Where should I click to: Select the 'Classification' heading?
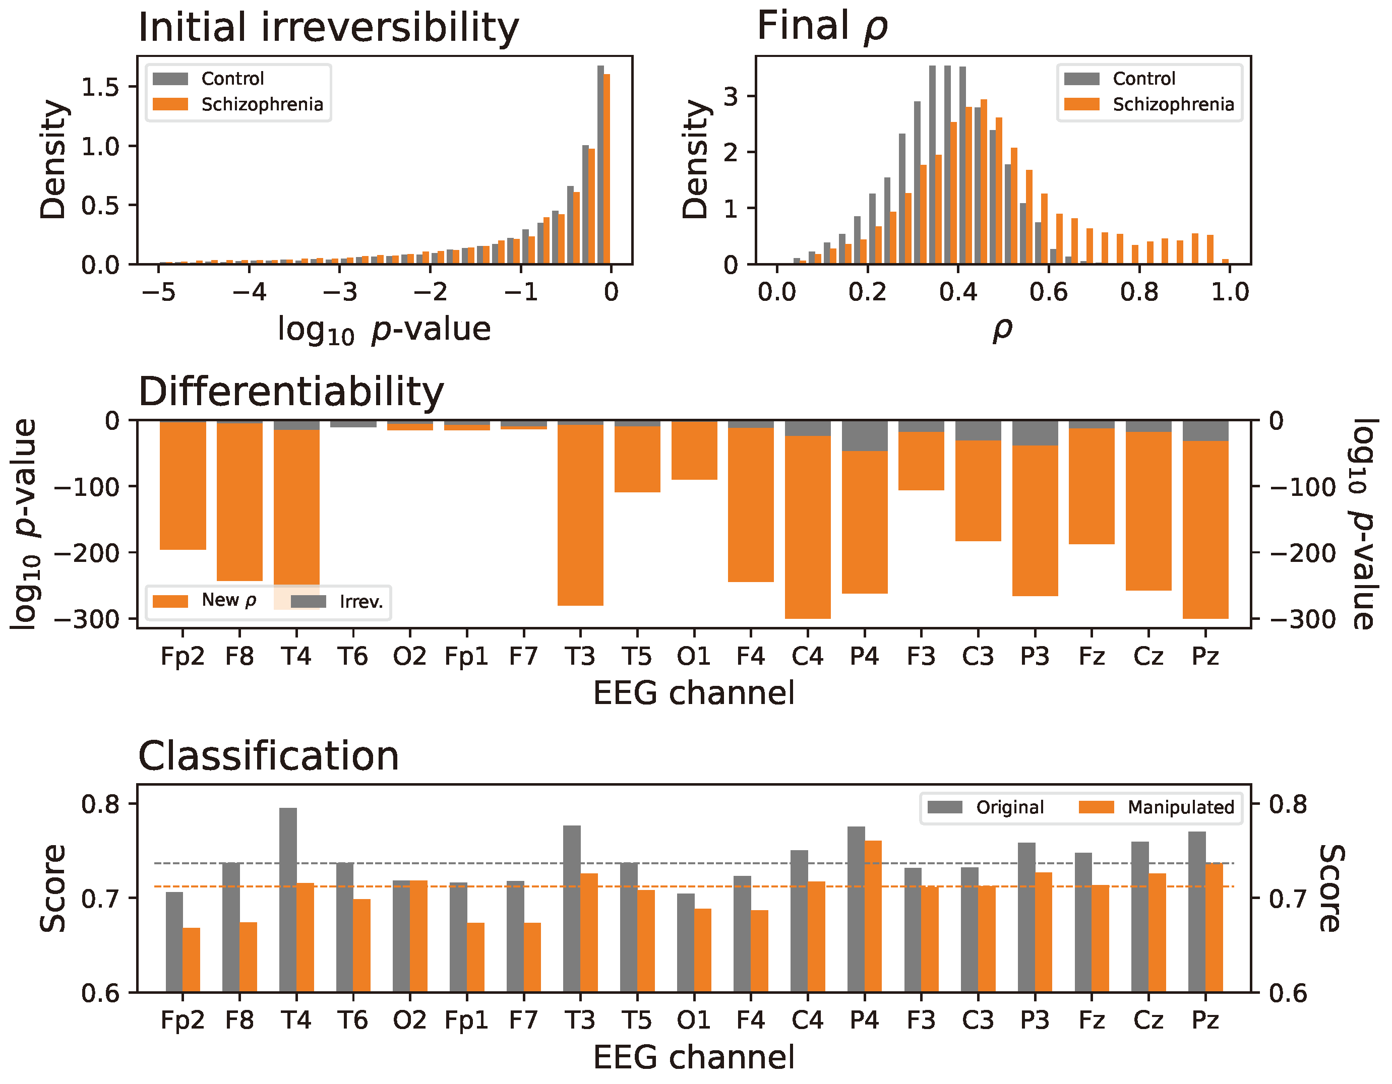(x=268, y=756)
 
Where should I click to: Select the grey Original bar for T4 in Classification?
(x=288, y=899)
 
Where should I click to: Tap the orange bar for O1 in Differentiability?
(x=694, y=450)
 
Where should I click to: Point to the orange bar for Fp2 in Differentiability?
(x=183, y=486)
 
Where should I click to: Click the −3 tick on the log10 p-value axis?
(x=340, y=292)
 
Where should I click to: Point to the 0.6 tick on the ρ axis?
(x=1049, y=292)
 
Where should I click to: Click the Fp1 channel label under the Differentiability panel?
(x=466, y=656)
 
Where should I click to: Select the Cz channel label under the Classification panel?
(x=1148, y=1021)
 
